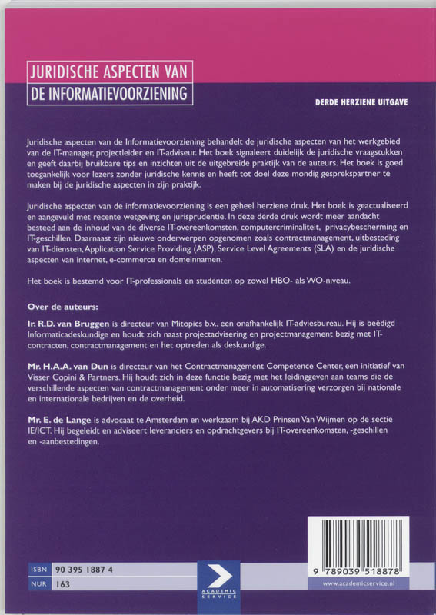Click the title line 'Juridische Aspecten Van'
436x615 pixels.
(108, 72)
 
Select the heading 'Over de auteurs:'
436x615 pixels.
(61, 307)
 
